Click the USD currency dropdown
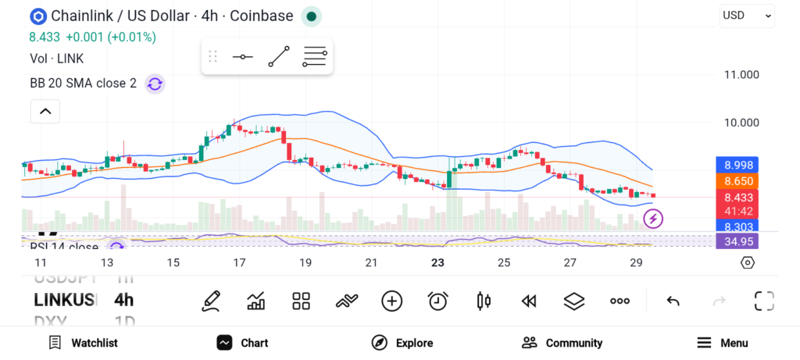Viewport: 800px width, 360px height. click(747, 15)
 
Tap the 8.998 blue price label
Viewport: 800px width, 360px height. click(738, 165)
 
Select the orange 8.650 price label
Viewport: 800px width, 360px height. click(738, 180)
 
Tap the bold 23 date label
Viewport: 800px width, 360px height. click(437, 262)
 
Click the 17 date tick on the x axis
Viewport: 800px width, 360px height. click(239, 262)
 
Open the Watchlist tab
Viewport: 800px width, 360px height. click(83, 343)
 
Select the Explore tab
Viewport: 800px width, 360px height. click(402, 343)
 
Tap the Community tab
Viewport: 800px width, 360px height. click(562, 343)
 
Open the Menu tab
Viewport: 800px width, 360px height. click(723, 343)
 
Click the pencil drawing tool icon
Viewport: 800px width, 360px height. click(210, 301)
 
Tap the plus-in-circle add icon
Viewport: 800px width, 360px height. click(391, 301)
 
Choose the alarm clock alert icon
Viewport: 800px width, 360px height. click(437, 301)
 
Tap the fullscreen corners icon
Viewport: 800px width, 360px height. click(764, 301)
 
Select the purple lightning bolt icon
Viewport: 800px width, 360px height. click(653, 219)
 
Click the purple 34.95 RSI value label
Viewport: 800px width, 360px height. click(738, 241)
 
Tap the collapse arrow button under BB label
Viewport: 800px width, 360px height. click(45, 112)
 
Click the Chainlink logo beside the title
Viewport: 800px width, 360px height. click(37, 16)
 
